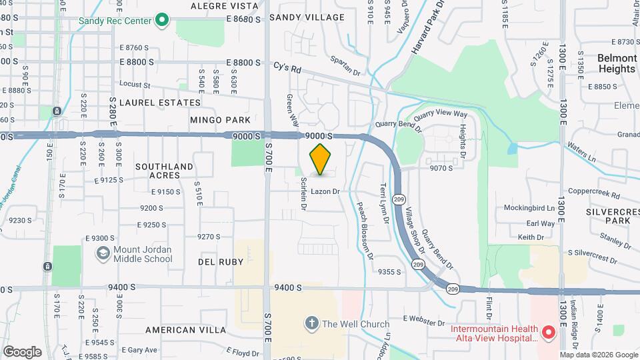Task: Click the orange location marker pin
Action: tap(321, 159)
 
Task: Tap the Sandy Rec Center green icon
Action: tap(161, 21)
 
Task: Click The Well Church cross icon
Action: tap(311, 324)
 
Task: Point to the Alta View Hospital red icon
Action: tap(549, 331)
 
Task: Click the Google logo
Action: tap(22, 351)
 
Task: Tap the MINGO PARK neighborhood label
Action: tap(220, 120)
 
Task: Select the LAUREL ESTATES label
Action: tap(166, 103)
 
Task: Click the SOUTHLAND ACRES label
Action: tap(164, 171)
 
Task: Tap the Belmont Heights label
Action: tap(617, 63)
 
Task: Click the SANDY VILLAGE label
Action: tap(307, 17)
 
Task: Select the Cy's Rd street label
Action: tap(287, 68)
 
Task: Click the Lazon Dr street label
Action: tap(325, 191)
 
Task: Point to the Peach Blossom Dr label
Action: tap(364, 231)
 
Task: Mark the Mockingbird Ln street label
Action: tap(529, 208)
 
